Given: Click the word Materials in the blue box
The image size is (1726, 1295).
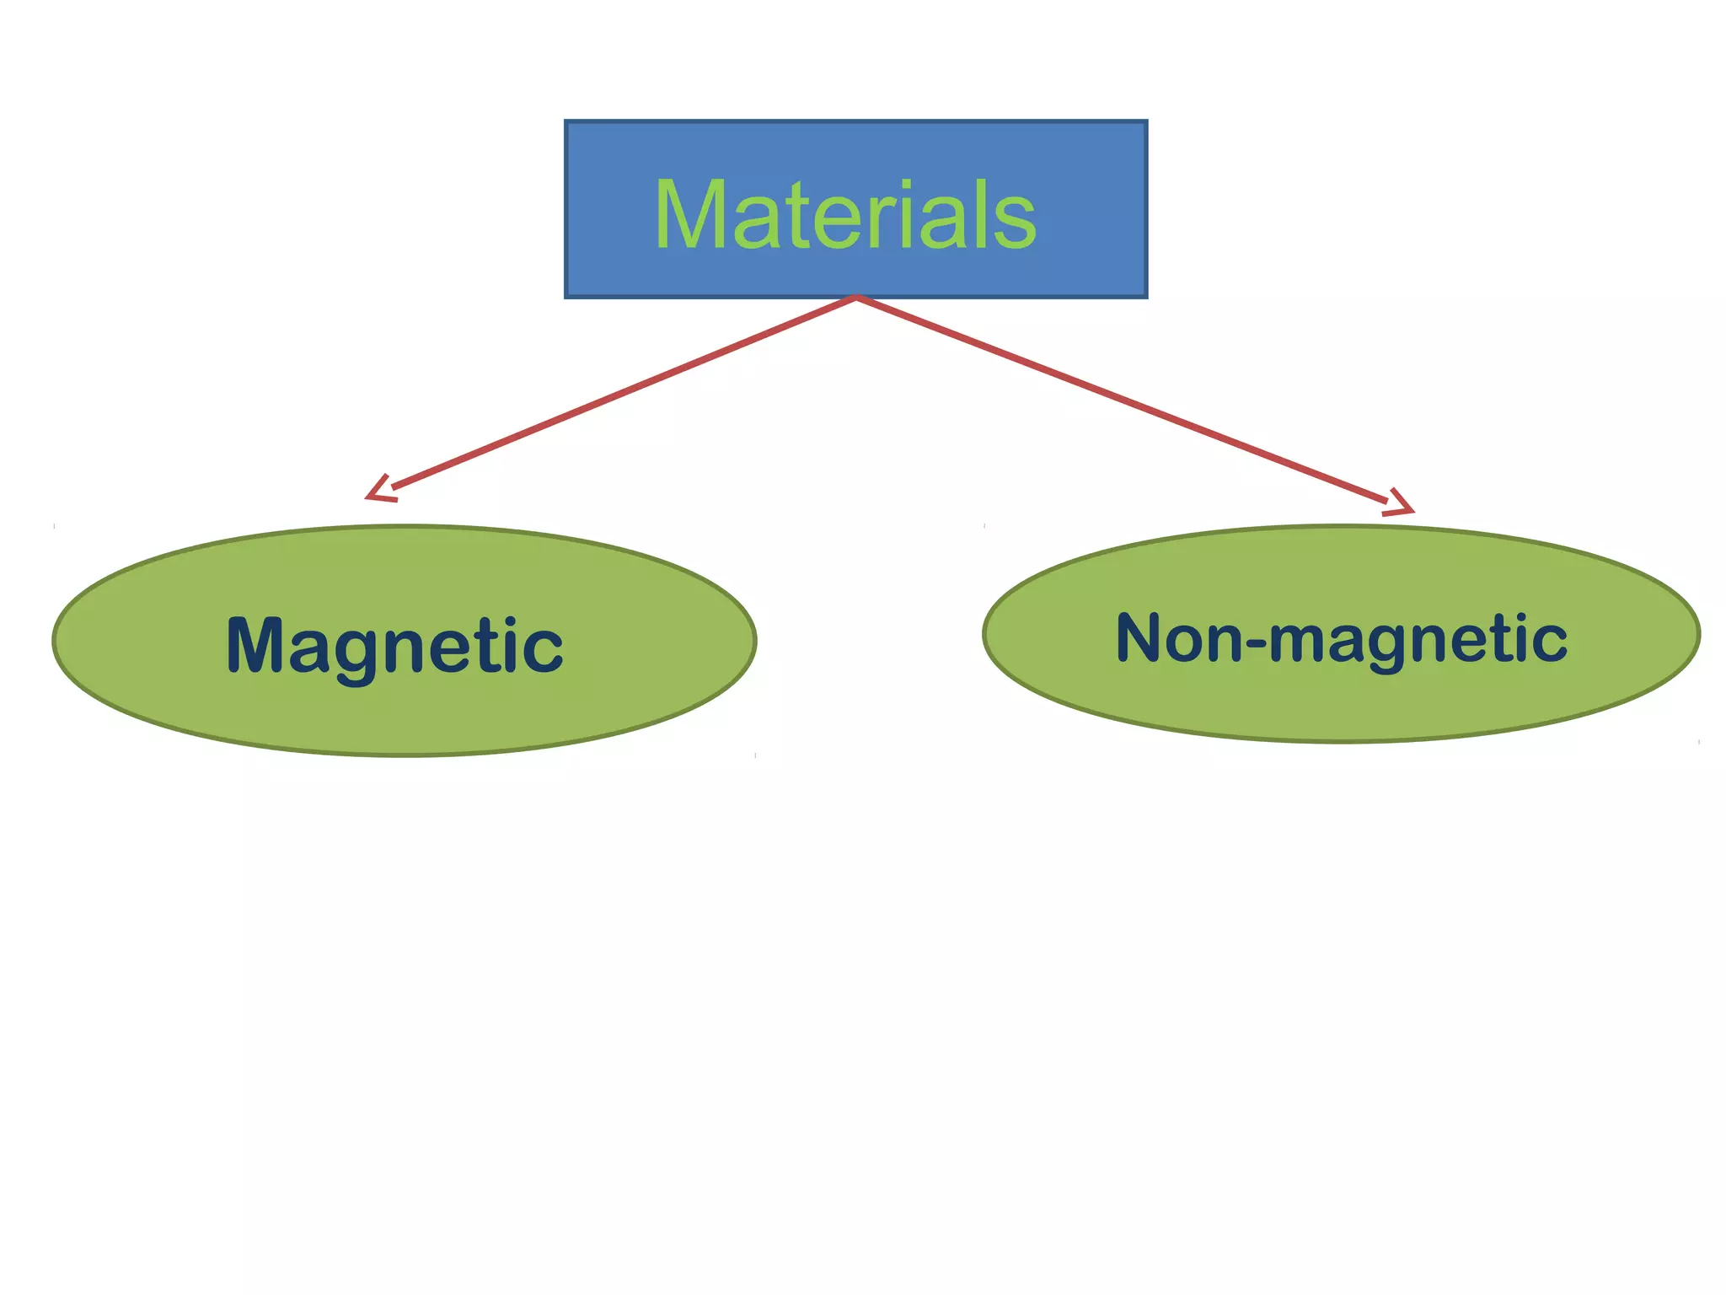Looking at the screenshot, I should click(845, 216).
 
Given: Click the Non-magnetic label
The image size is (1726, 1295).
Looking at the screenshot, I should click(1341, 638).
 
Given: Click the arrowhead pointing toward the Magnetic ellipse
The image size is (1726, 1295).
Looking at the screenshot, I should click(378, 491).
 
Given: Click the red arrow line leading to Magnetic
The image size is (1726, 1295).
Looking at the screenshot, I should click(624, 394).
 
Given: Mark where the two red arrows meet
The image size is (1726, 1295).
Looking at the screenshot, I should click(856, 298).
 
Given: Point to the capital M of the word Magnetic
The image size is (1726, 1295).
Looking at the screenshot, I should click(256, 645).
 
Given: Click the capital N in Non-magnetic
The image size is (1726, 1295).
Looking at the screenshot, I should click(1141, 638).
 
